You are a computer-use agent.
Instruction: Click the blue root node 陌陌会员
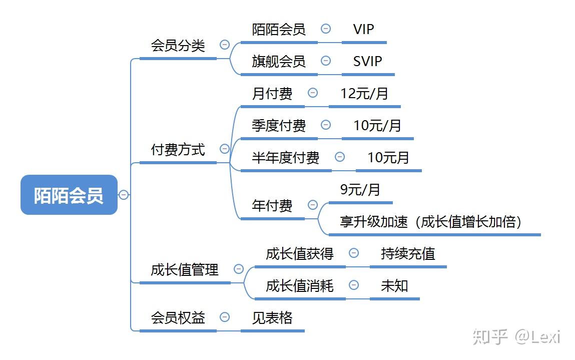coord(69,195)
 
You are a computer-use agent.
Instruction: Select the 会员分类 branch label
coord(178,46)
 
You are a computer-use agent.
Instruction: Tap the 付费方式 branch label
coord(178,149)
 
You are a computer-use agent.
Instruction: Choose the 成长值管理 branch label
coord(185,270)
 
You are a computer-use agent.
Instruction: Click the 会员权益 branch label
coord(178,317)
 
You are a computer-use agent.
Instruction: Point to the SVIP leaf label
coord(367,62)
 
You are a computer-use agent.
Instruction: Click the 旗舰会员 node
coord(278,62)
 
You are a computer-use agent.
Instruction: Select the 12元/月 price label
coord(364,94)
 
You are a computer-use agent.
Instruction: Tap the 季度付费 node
coord(278,126)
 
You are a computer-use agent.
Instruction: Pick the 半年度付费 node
coord(285,158)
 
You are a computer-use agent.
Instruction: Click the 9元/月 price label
coord(360,190)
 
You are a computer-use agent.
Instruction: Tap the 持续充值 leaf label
coord(408,254)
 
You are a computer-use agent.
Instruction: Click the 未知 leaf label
coord(394,286)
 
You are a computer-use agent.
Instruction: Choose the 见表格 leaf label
coord(272,318)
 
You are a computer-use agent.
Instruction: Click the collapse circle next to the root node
coord(124,195)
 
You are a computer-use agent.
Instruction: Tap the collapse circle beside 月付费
coord(313,93)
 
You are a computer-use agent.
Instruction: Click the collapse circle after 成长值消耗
coord(354,285)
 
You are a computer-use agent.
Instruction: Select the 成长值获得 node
coord(299,254)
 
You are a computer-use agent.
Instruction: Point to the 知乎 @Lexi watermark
coord(516,336)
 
